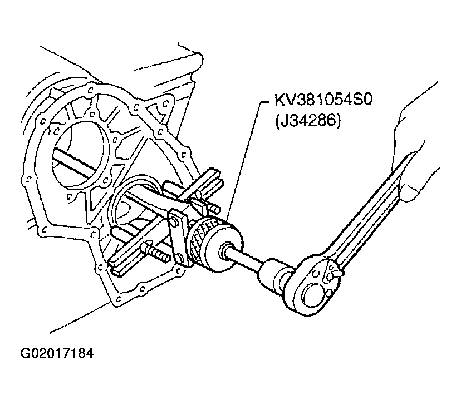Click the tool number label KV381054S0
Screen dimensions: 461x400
pos(323,100)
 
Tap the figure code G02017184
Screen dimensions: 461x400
pos(57,354)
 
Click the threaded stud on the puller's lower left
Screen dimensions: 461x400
pos(155,251)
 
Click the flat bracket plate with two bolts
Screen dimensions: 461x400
pos(178,235)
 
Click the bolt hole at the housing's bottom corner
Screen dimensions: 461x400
pos(118,298)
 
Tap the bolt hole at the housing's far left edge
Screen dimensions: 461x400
pos(28,178)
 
